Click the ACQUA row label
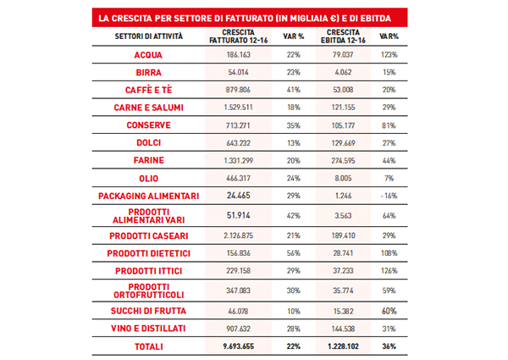pyautogui.click(x=148, y=55)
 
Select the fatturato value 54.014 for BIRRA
pyautogui.click(x=238, y=72)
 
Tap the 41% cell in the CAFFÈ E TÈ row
pyautogui.click(x=294, y=90)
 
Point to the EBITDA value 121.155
pyautogui.click(x=343, y=108)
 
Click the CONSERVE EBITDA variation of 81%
pyautogui.click(x=389, y=125)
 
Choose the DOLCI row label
pyautogui.click(x=149, y=142)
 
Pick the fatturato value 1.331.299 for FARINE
pyautogui.click(x=238, y=160)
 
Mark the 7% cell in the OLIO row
pyautogui.click(x=389, y=178)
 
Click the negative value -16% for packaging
pyautogui.click(x=389, y=196)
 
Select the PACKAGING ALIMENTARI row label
pyautogui.click(x=149, y=196)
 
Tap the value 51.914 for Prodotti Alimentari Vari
pyautogui.click(x=239, y=215)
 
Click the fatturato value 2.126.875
pyautogui.click(x=238, y=235)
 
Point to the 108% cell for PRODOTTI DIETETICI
pyautogui.click(x=389, y=253)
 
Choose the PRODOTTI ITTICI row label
pyautogui.click(x=149, y=271)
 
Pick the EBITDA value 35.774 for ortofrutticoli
pyautogui.click(x=343, y=291)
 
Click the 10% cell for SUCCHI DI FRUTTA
pyautogui.click(x=294, y=311)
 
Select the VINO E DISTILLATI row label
pyautogui.click(x=148, y=329)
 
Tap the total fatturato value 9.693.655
pyautogui.click(x=239, y=346)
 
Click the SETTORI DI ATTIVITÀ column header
pyautogui.click(x=149, y=36)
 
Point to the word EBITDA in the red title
pyautogui.click(x=375, y=18)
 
